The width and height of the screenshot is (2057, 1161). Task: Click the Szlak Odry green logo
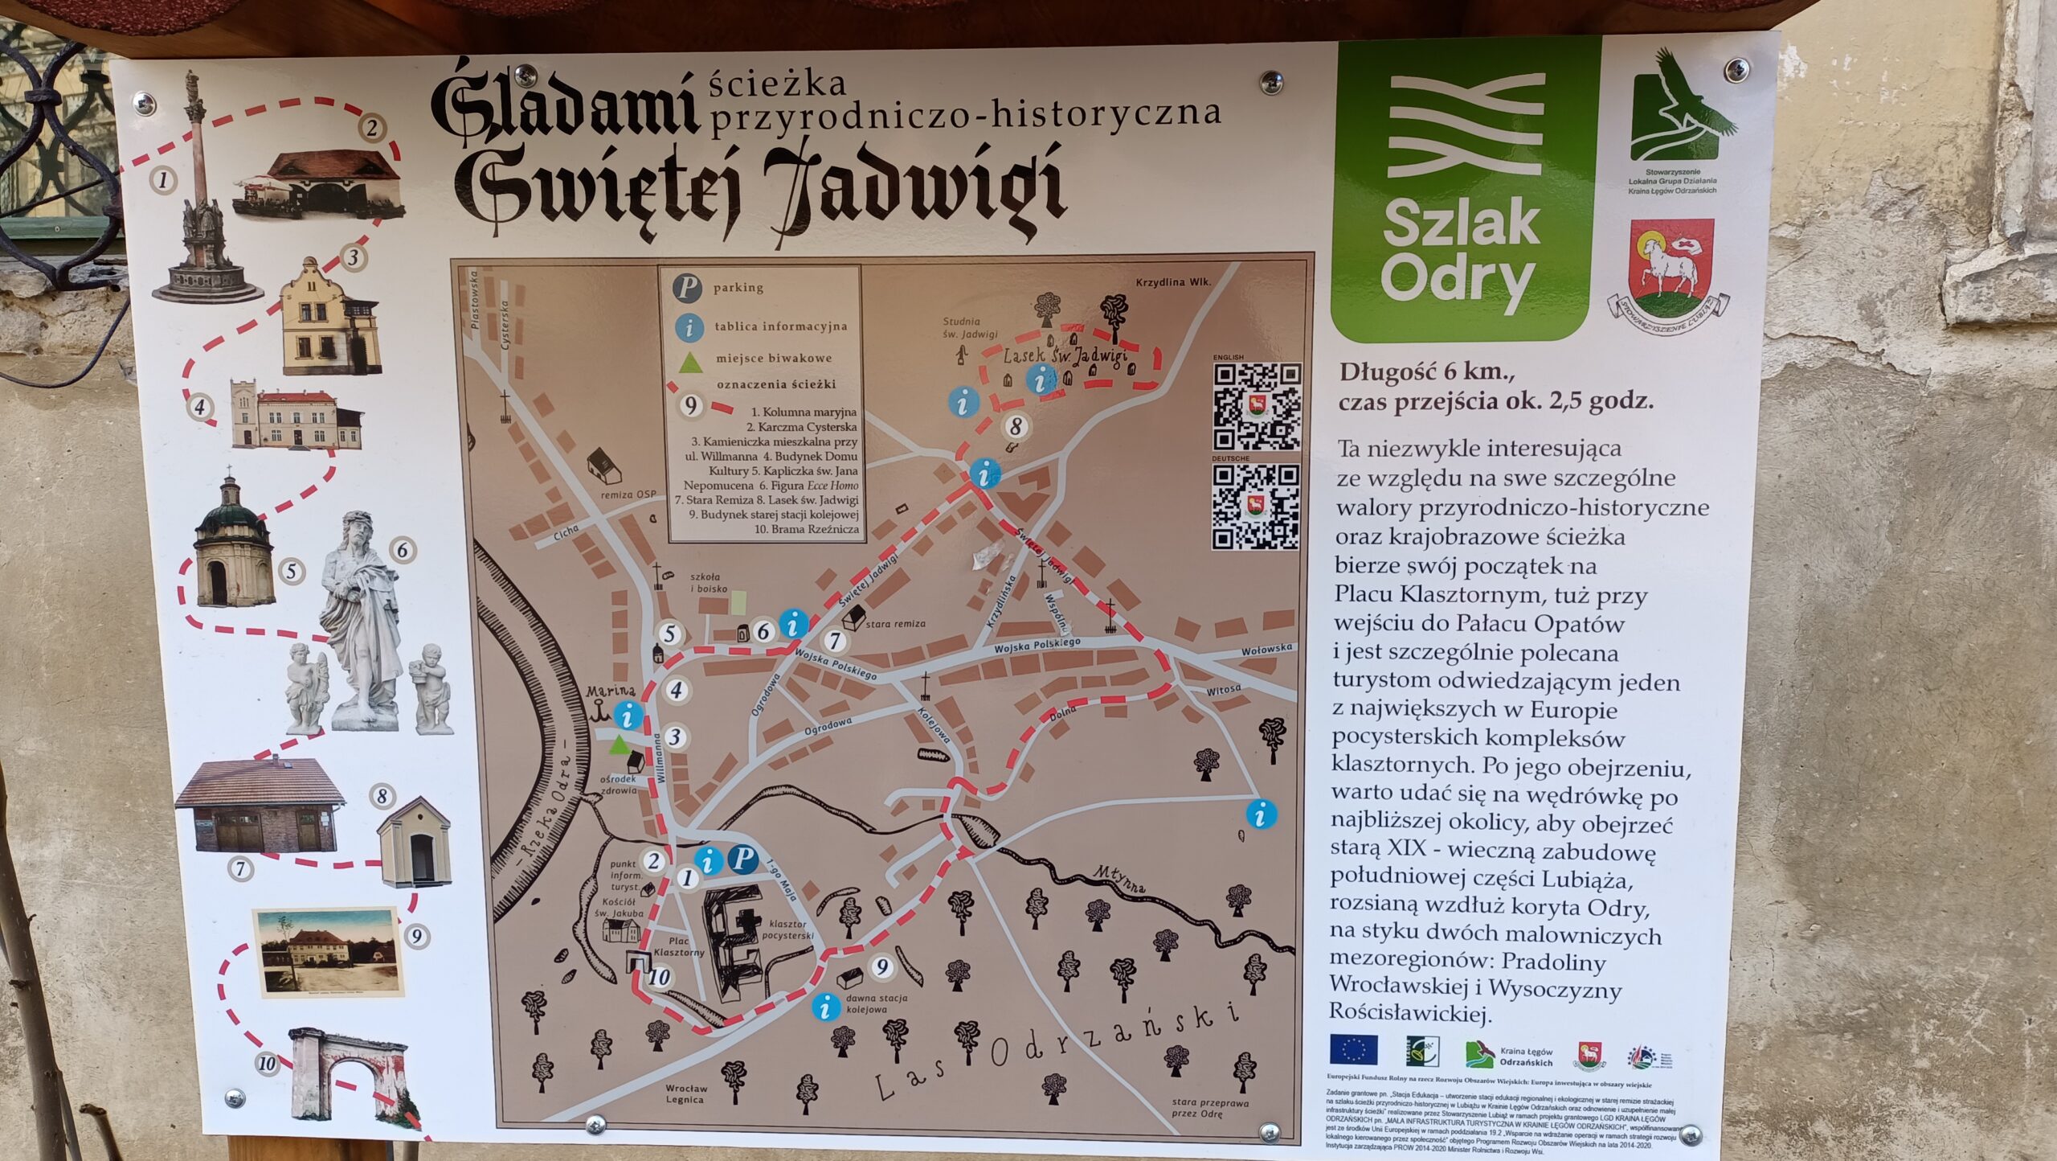1465,190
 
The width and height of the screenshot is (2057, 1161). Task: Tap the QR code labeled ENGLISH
1256,406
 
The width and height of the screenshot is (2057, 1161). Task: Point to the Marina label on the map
610,691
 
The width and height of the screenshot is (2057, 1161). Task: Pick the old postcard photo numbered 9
328,952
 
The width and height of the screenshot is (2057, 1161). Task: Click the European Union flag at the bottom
1354,1050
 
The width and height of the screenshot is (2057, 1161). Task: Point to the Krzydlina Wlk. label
1172,282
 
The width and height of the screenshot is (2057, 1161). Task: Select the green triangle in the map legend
687,363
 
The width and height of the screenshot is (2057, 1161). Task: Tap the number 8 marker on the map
1016,427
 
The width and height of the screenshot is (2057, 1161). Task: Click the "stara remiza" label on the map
896,623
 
